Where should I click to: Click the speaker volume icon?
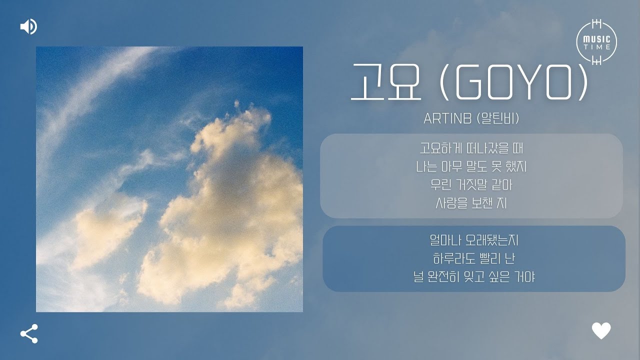[28, 26]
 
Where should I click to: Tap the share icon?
[28, 333]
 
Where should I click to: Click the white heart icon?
[601, 330]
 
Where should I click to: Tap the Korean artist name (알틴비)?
[497, 119]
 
